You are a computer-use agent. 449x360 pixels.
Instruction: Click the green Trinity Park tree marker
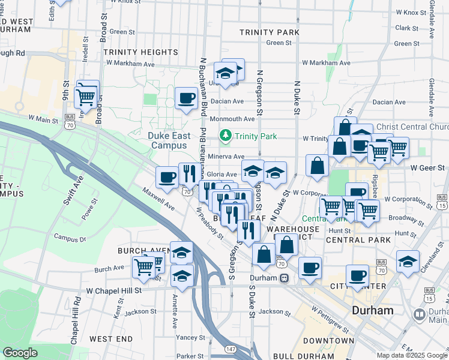[226, 136]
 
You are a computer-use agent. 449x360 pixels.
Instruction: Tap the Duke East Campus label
[169, 140]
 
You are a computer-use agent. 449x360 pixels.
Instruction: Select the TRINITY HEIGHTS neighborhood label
[137, 52]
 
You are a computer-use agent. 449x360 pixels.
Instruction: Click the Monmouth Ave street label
[232, 119]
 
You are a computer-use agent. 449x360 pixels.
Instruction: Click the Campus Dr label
[70, 239]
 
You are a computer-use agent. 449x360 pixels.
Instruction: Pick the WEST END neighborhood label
[111, 339]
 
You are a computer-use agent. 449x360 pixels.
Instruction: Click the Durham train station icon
[285, 278]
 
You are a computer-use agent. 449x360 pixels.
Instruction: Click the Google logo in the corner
[20, 353]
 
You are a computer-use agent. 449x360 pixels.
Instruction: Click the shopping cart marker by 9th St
[86, 96]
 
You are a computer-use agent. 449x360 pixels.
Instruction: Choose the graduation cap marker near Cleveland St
[408, 262]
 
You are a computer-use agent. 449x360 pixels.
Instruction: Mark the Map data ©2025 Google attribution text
[411, 355]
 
